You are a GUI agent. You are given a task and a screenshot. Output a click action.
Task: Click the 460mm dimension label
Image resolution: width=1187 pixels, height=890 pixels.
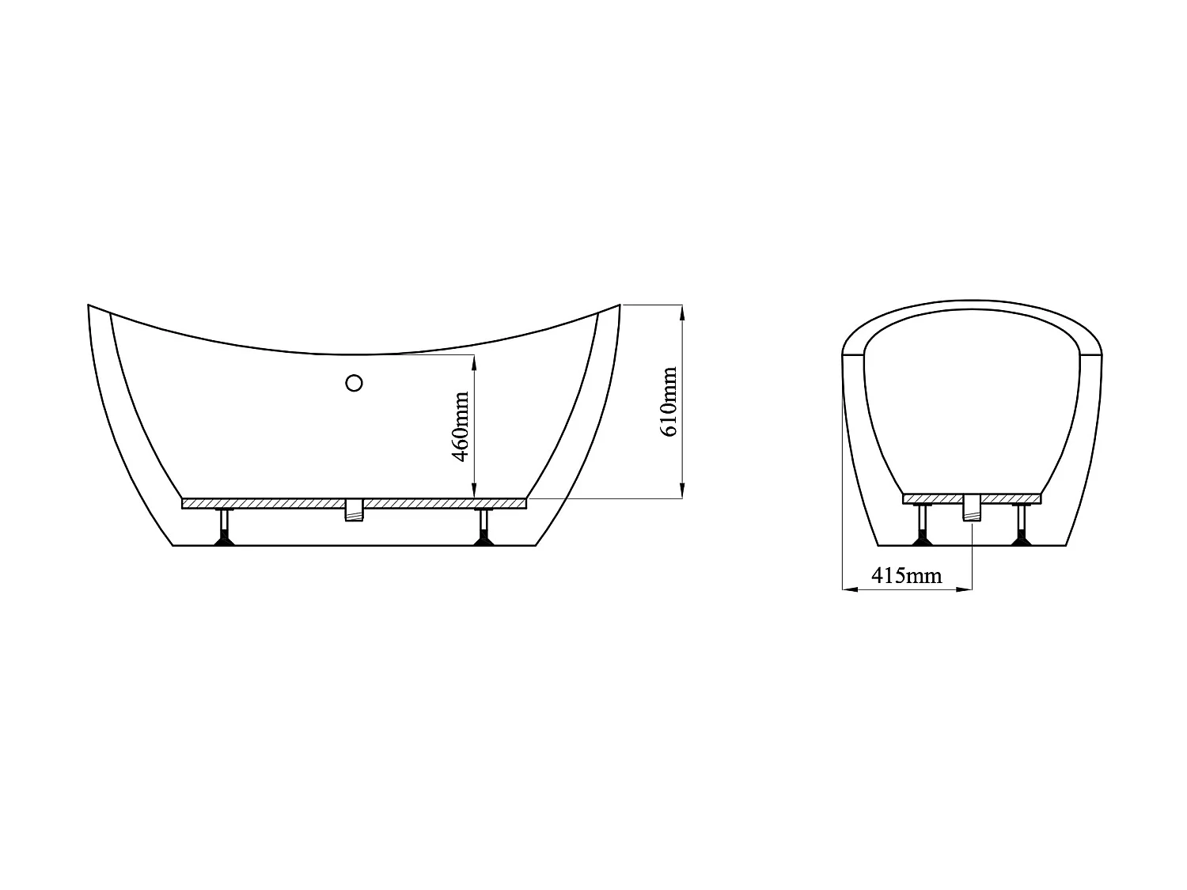(463, 426)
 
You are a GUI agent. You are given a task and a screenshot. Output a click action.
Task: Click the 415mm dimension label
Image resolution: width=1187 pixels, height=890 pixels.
(907, 576)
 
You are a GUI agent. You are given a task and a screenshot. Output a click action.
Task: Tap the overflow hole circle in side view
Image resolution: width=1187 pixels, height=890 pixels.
(355, 383)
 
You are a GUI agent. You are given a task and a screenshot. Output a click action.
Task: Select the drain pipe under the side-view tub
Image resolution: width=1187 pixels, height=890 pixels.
(354, 510)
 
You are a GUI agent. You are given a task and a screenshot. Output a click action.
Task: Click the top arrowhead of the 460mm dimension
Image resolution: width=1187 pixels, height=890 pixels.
(474, 360)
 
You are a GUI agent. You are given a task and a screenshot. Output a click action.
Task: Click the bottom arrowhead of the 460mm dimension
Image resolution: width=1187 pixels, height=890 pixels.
(474, 493)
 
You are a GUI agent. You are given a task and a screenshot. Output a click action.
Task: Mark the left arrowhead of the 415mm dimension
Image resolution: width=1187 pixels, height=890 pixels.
(846, 589)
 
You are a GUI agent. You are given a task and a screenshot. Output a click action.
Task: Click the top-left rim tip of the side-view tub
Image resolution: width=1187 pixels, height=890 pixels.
(89, 305)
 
